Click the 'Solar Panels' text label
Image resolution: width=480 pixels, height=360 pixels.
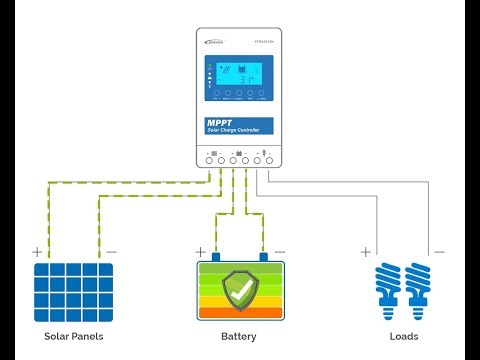pos(73,336)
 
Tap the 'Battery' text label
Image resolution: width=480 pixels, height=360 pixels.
pos(239,336)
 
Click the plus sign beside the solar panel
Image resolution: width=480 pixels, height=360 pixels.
pos(37,252)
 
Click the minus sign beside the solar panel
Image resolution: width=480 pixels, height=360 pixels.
pos(111,252)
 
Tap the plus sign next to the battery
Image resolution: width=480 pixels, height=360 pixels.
pos(201,252)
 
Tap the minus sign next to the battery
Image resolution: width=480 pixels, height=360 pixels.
pos(279,252)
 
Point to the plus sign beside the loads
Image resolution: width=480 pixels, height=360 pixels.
pos(365,252)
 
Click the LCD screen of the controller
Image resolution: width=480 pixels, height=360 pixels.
pos(242,77)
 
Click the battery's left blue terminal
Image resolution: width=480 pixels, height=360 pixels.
pos(217,258)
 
